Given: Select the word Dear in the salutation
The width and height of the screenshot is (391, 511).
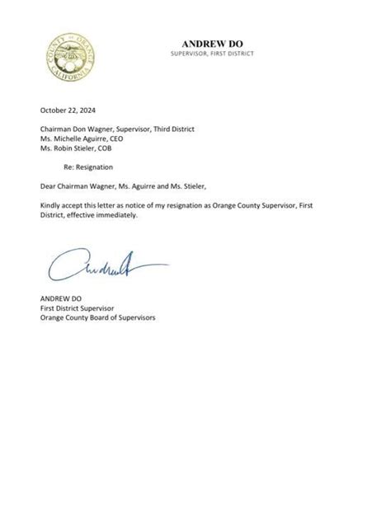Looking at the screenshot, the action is click(x=48, y=185).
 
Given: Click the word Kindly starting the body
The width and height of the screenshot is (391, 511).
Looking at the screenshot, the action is click(x=50, y=204).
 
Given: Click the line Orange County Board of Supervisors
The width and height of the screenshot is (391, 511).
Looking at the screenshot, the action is click(x=97, y=317).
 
